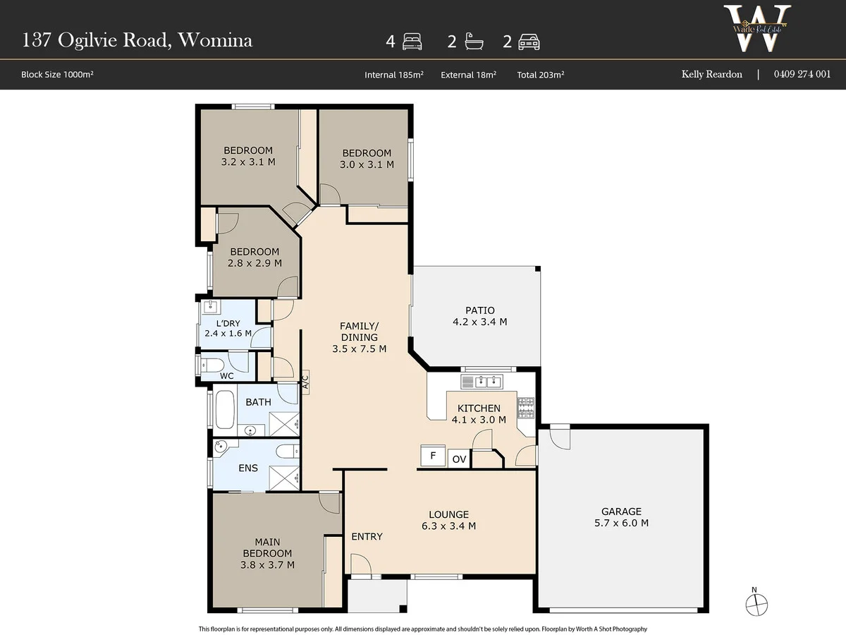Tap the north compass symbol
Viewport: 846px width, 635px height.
(x=756, y=605)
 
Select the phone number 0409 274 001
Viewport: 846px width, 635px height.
(x=802, y=74)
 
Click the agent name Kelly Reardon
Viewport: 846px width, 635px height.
(x=711, y=74)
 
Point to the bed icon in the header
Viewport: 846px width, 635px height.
(x=411, y=42)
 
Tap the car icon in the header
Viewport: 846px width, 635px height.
(x=528, y=42)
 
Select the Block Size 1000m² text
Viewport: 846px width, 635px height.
(x=57, y=74)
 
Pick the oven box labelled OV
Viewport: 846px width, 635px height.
(x=459, y=459)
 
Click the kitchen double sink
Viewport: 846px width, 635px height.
(x=482, y=382)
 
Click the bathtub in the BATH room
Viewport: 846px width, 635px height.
(x=224, y=411)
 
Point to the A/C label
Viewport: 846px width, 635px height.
(x=305, y=381)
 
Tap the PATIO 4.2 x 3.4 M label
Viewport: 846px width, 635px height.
(x=479, y=315)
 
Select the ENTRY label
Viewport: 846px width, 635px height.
(x=367, y=536)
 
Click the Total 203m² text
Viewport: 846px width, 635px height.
(x=540, y=74)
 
